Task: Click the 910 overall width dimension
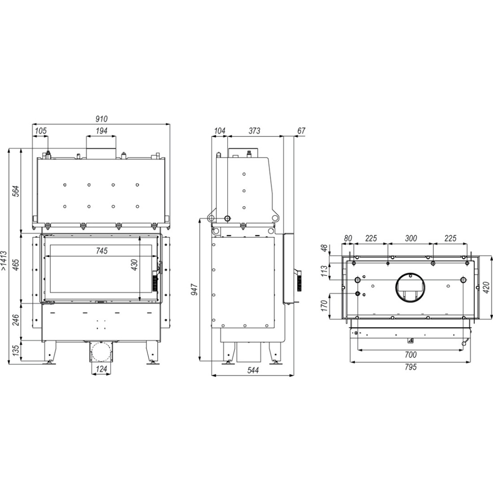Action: (x=102, y=119)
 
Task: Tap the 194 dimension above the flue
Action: (x=102, y=131)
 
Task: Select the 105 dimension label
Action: (x=40, y=131)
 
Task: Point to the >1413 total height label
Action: (x=4, y=261)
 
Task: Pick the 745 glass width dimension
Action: (x=102, y=251)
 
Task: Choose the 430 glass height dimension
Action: (x=134, y=265)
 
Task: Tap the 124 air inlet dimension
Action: (x=101, y=369)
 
